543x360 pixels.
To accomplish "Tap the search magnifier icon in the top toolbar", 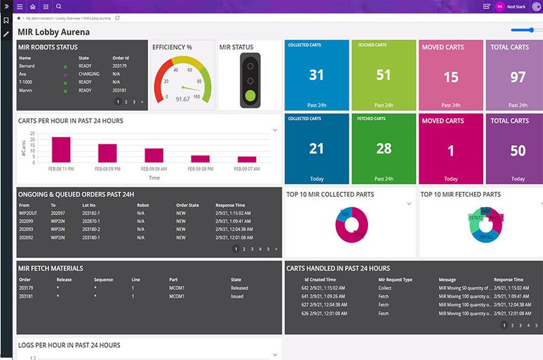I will click(x=59, y=6).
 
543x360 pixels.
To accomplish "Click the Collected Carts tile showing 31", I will click(x=316, y=75).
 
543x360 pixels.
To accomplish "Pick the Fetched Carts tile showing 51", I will click(x=383, y=75).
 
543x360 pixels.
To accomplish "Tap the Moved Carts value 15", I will click(x=451, y=77).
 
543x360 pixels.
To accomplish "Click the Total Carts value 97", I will click(x=518, y=77).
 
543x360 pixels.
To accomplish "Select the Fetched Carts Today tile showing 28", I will click(x=383, y=149).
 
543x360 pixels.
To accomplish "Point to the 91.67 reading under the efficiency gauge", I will click(x=183, y=99).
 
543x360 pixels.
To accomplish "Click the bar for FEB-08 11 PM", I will click(x=61, y=149).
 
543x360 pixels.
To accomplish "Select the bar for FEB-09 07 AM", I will click(x=247, y=159).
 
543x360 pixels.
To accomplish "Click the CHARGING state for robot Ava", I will click(x=88, y=74).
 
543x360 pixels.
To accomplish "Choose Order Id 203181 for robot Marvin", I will click(x=120, y=90).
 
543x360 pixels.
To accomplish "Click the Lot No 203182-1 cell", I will click(x=91, y=212).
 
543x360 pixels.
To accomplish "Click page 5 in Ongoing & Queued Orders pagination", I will click(x=268, y=249).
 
